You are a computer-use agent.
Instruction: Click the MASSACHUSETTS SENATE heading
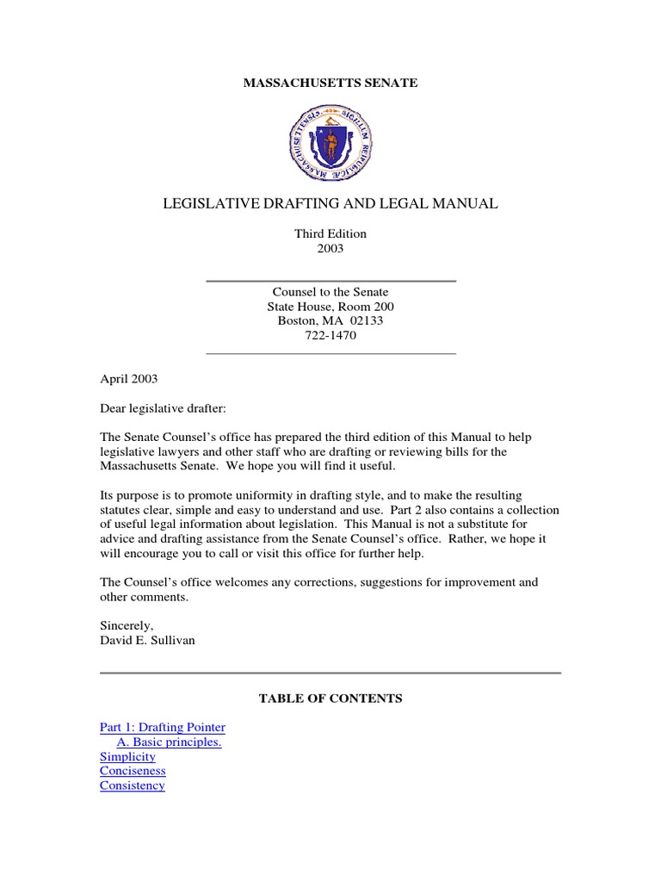pyautogui.click(x=330, y=83)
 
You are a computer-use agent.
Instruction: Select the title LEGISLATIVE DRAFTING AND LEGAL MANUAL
pyautogui.click(x=330, y=204)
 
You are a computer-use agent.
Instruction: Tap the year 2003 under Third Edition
pyautogui.click(x=330, y=248)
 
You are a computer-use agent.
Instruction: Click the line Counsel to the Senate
pyautogui.click(x=330, y=292)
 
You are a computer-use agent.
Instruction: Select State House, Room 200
pyautogui.click(x=330, y=307)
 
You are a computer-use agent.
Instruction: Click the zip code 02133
pyautogui.click(x=365, y=321)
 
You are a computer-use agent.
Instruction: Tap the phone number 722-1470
pyautogui.click(x=330, y=336)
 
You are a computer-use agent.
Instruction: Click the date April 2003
pyautogui.click(x=129, y=378)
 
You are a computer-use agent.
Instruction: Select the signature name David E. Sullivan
pyautogui.click(x=147, y=640)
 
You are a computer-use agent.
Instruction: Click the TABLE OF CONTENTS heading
pyautogui.click(x=330, y=699)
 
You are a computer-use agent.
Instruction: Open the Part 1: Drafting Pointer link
pyautogui.click(x=163, y=728)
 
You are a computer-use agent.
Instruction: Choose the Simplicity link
pyautogui.click(x=127, y=757)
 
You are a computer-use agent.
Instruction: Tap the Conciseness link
pyautogui.click(x=133, y=772)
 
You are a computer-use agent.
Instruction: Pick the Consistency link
pyautogui.click(x=132, y=786)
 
